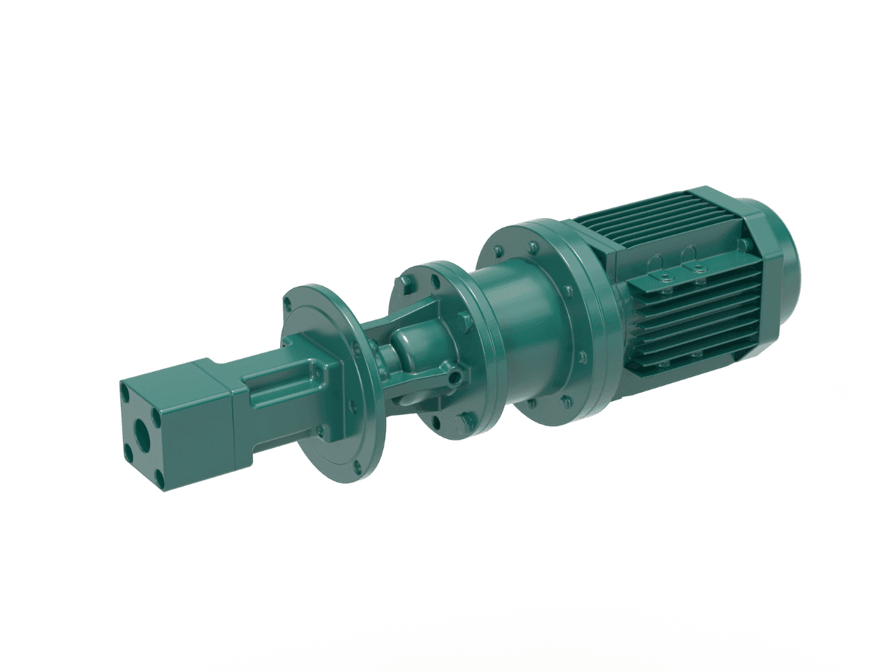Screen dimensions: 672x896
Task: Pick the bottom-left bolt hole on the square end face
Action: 128,452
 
